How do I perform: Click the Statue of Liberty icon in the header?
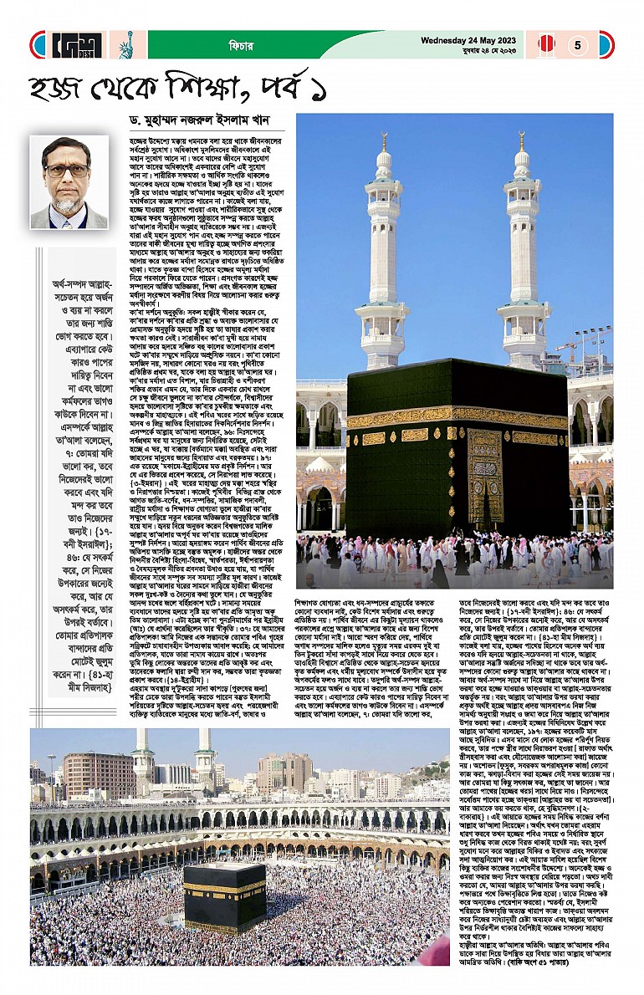128,44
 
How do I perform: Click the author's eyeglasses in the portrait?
68,171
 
